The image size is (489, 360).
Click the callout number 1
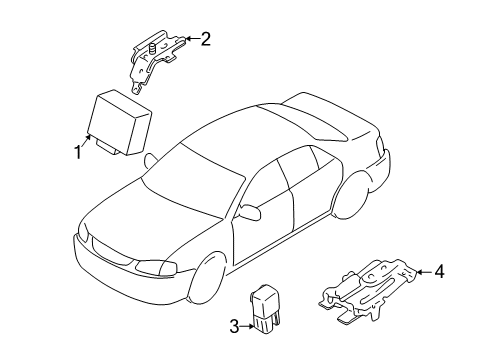click(x=78, y=152)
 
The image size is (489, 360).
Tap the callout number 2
click(x=205, y=39)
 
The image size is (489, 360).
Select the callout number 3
click(x=234, y=326)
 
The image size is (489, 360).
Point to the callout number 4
click(x=439, y=271)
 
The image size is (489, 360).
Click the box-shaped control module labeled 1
click(x=118, y=122)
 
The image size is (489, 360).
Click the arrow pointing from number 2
click(x=192, y=39)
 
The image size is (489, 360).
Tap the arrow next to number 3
click(x=247, y=326)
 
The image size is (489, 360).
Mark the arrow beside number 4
click(x=424, y=272)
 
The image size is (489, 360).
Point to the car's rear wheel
click(x=350, y=196)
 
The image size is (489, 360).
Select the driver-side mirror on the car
click(x=249, y=212)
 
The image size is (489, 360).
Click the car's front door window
click(x=263, y=185)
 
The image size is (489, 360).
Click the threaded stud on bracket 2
click(x=153, y=49)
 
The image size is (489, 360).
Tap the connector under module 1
click(x=107, y=148)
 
